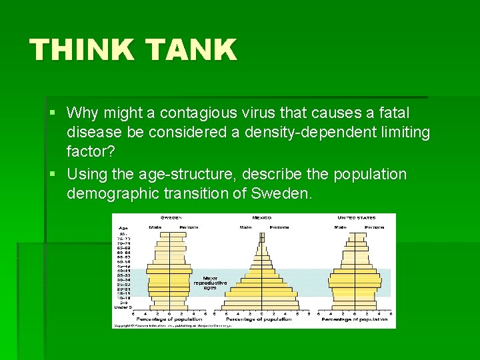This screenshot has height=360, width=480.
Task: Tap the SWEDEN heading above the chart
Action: click(x=171, y=218)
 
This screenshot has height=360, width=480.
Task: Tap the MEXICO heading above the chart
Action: click(x=261, y=218)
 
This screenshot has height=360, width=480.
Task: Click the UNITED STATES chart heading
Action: click(x=357, y=218)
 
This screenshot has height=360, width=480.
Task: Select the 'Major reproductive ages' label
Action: click(x=210, y=283)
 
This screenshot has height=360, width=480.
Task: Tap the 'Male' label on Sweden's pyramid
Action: click(x=155, y=226)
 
